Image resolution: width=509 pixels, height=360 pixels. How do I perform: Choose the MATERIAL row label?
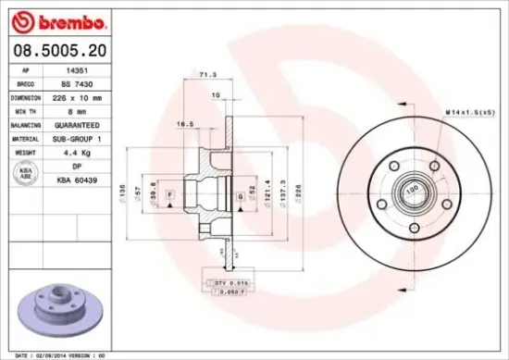[x=27, y=138]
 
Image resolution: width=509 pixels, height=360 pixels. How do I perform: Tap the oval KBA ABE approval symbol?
[x=27, y=172]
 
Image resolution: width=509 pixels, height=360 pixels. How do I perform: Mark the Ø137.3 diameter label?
[x=282, y=192]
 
